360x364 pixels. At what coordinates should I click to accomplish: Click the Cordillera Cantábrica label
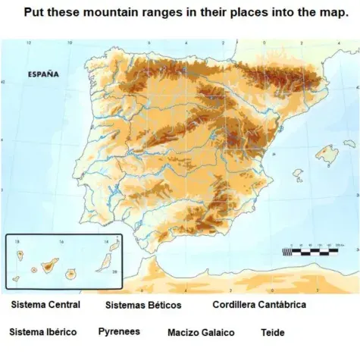pos(259,305)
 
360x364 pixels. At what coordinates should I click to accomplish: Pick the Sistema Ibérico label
pos(42,332)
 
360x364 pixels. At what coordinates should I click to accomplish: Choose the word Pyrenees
pos(119,332)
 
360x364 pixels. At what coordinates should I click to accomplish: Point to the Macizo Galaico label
pos(201,333)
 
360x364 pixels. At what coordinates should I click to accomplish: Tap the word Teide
pos(272,333)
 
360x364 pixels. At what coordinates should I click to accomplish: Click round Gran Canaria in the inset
pos(74,271)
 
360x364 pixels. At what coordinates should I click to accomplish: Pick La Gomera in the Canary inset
pos(34,269)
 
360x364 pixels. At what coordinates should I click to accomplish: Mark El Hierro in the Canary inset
pos(17,278)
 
